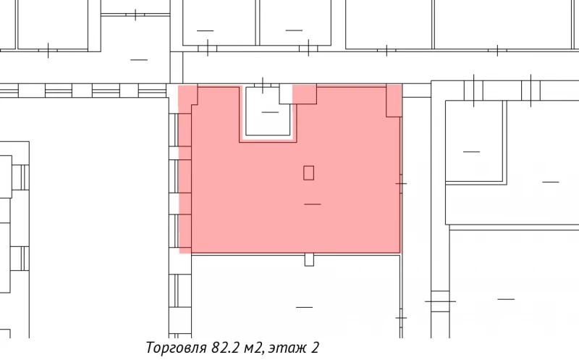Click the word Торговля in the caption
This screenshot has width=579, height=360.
pyautogui.click(x=172, y=348)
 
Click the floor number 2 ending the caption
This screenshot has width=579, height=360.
pyautogui.click(x=315, y=348)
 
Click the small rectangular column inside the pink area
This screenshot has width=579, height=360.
pyautogui.click(x=309, y=172)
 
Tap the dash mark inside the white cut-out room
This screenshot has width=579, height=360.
pyautogui.click(x=270, y=112)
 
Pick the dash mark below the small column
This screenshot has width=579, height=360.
pyautogui.click(x=313, y=204)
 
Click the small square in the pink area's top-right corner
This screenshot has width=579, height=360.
pyautogui.click(x=394, y=100)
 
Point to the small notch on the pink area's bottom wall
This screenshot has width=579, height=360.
pyautogui.click(x=309, y=259)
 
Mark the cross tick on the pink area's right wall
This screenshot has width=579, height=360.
pyautogui.click(x=401, y=183)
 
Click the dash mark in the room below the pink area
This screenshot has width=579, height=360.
pyautogui.click(x=304, y=307)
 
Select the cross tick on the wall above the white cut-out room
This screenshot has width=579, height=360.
pyautogui.click(x=263, y=83)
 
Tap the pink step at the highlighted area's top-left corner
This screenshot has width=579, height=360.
pyautogui.click(x=186, y=98)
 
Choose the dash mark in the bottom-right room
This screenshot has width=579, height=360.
pyautogui.click(x=505, y=298)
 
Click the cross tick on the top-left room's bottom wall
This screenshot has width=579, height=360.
pyautogui.click(x=48, y=51)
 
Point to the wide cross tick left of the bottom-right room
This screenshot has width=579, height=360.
pyautogui.click(x=439, y=301)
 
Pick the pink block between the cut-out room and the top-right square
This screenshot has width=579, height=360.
pyautogui.click(x=304, y=94)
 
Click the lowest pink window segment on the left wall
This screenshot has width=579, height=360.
pyautogui.click(x=185, y=233)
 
